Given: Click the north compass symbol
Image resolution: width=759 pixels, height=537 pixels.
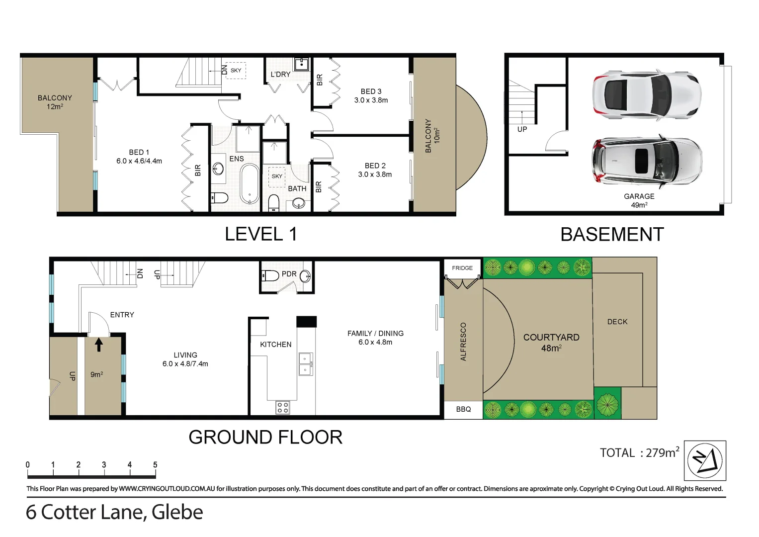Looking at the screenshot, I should tap(704, 460).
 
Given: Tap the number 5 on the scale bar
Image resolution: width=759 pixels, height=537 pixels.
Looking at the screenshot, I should tap(155, 465).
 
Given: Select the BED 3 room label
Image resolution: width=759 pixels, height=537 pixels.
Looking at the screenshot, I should tap(371, 95).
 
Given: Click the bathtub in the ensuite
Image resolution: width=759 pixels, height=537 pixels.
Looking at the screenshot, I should tap(249, 184).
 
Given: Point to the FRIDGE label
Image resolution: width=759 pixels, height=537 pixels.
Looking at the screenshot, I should tap(462, 268).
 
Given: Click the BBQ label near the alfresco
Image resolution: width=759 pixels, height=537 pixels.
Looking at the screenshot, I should tap(463, 409).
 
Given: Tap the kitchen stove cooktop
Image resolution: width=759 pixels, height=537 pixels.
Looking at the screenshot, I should tap(283, 408).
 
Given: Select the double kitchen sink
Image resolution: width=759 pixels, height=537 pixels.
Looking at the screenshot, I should tap(305, 364).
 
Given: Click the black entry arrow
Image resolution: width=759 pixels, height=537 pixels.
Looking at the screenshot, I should tap(99, 344).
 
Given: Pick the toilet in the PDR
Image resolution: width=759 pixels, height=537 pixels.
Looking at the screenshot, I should tap(270, 275).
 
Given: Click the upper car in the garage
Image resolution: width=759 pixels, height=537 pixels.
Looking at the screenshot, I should tap(646, 95).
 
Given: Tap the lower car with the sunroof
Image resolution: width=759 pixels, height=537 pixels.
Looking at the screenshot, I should tap(646, 161).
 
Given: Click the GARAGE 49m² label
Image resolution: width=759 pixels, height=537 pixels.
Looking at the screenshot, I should tap(639, 200).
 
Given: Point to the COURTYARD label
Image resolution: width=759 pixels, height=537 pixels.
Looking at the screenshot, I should tap(551, 342).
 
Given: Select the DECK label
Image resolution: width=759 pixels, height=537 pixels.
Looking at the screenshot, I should tap(617, 322).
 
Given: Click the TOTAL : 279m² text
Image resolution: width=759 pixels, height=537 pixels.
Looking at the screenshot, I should tap(639, 452).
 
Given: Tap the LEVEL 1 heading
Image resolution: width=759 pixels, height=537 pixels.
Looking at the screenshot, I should tap(260, 234).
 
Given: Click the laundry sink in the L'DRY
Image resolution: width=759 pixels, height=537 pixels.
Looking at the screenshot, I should tap(302, 65).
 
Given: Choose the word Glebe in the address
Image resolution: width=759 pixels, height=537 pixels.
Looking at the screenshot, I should tap(177, 512).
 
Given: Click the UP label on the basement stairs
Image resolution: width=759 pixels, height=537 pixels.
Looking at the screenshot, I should tap(522, 129).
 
